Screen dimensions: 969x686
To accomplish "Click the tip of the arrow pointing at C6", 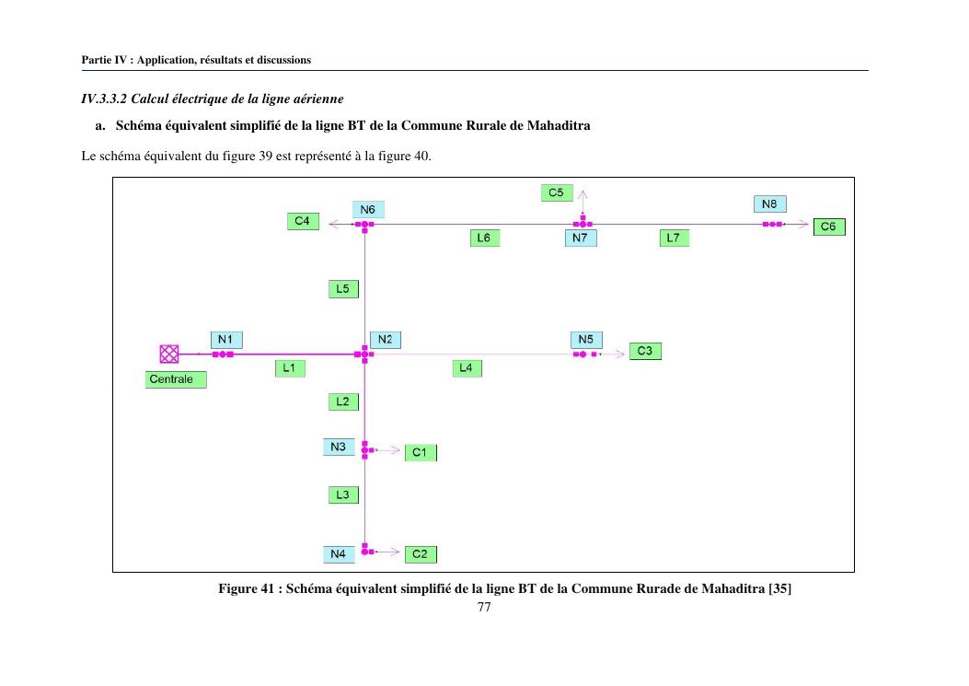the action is pos(808,224).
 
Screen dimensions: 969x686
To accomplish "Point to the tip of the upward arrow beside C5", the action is pos(583,191).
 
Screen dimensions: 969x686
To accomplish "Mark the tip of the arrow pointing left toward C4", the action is pos(329,224).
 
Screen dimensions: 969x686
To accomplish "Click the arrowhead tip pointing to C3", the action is pos(624,355).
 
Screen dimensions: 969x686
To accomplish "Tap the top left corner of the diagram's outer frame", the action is pos(112,178).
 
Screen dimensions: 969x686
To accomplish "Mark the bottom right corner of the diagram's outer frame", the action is pos(855,572).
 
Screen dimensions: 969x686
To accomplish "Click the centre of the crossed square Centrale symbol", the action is pos(168,354).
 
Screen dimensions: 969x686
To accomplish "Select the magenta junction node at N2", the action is pos(364,355).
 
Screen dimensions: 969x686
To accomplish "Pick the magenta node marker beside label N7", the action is pos(583,224).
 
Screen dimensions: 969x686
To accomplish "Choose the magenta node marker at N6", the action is pos(364,225).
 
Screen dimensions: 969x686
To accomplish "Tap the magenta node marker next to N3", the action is pos(366,449).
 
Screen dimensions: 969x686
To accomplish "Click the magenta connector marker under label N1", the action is pos(223,355).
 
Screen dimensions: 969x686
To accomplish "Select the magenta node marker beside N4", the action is pos(366,550).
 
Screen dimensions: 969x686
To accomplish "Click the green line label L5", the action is pos(343,289).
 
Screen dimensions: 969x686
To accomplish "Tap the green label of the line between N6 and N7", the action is pos(484,238).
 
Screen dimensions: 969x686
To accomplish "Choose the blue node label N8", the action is pos(769,204).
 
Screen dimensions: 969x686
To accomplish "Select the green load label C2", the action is pos(421,554).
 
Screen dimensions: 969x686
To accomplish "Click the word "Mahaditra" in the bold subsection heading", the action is pos(558,125).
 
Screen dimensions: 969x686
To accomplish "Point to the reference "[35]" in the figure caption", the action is pos(779,588).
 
